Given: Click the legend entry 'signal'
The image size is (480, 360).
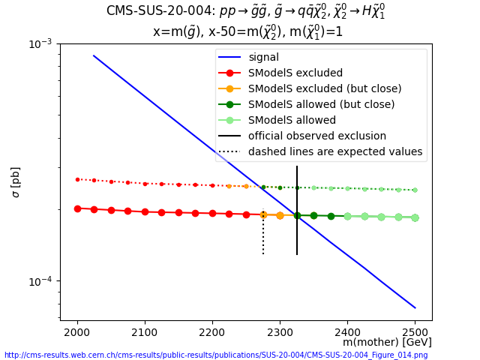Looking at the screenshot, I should [x=263, y=57].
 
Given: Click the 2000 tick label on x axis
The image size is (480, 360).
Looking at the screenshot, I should [x=77, y=331].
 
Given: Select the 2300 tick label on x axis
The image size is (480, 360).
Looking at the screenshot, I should [x=280, y=331].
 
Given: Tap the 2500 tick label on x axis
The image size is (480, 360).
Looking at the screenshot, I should [x=415, y=331].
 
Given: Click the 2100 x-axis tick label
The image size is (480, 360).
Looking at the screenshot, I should [x=145, y=331].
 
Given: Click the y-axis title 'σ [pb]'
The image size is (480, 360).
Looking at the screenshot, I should [x=16, y=182].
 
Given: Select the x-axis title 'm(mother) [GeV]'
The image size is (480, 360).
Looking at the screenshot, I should [x=387, y=342].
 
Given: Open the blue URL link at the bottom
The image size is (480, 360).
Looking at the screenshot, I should [x=216, y=355].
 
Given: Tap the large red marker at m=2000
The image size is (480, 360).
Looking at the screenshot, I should [x=77, y=208].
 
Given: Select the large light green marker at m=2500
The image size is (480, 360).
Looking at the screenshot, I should [x=415, y=217].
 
